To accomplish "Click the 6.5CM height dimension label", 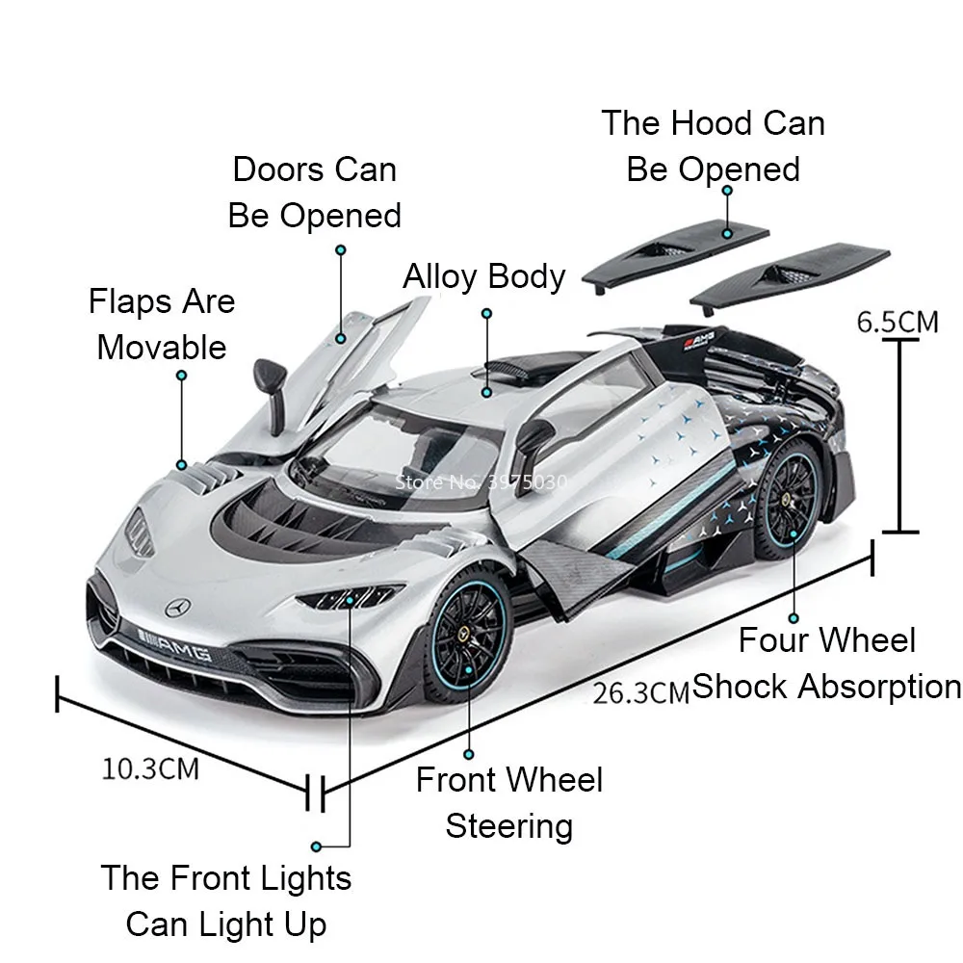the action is click(898, 321).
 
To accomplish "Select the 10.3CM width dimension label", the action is click(150, 768).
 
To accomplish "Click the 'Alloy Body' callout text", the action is click(484, 276).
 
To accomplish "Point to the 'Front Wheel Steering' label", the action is click(509, 802).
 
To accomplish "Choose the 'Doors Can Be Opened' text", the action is click(314, 192).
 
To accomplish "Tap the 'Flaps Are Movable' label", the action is click(162, 324).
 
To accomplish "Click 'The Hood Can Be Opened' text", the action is click(714, 145).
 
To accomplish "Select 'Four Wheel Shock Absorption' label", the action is click(826, 664).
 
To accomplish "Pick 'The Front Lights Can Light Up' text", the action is click(226, 901).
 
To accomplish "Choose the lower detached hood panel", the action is click(790, 274).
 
